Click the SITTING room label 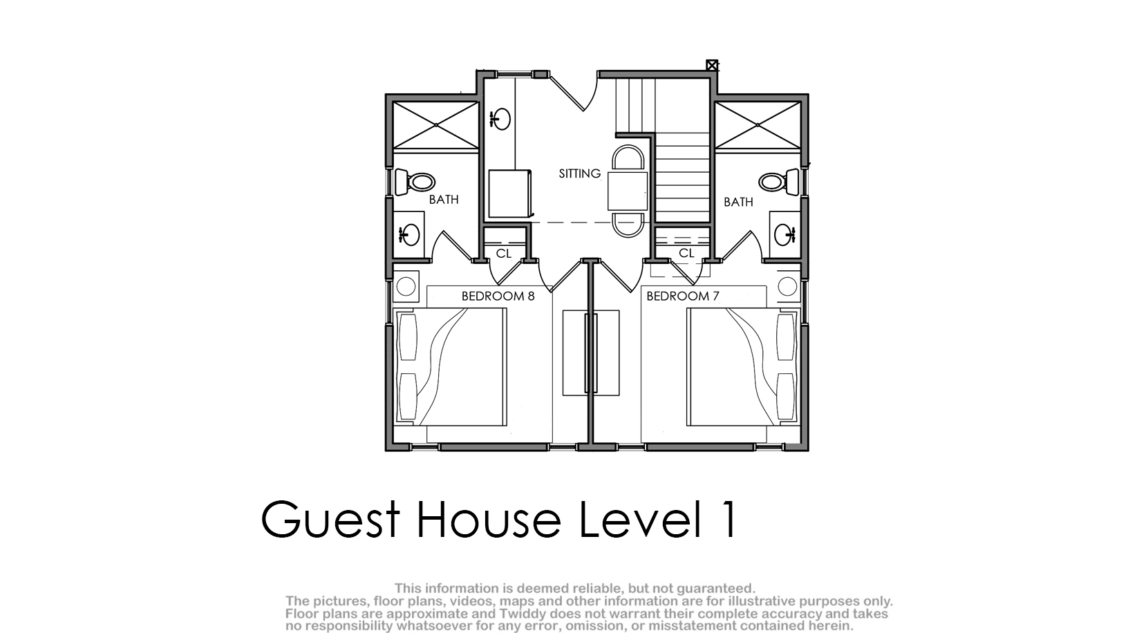point(580,173)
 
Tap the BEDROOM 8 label point(498,296)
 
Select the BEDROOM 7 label point(683,296)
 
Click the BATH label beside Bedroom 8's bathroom point(444,200)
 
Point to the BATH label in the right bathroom point(738,202)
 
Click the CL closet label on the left point(504,254)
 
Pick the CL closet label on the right point(686,253)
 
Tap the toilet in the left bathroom point(415,182)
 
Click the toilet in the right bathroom point(778,182)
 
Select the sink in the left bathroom point(409,234)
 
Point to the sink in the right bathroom point(784,234)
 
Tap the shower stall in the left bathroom point(435,125)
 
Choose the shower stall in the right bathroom point(758,125)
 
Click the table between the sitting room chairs point(628,191)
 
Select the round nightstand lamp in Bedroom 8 point(406,287)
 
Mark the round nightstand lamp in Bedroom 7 point(787,287)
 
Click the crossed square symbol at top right point(712,65)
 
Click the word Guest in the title point(330,519)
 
